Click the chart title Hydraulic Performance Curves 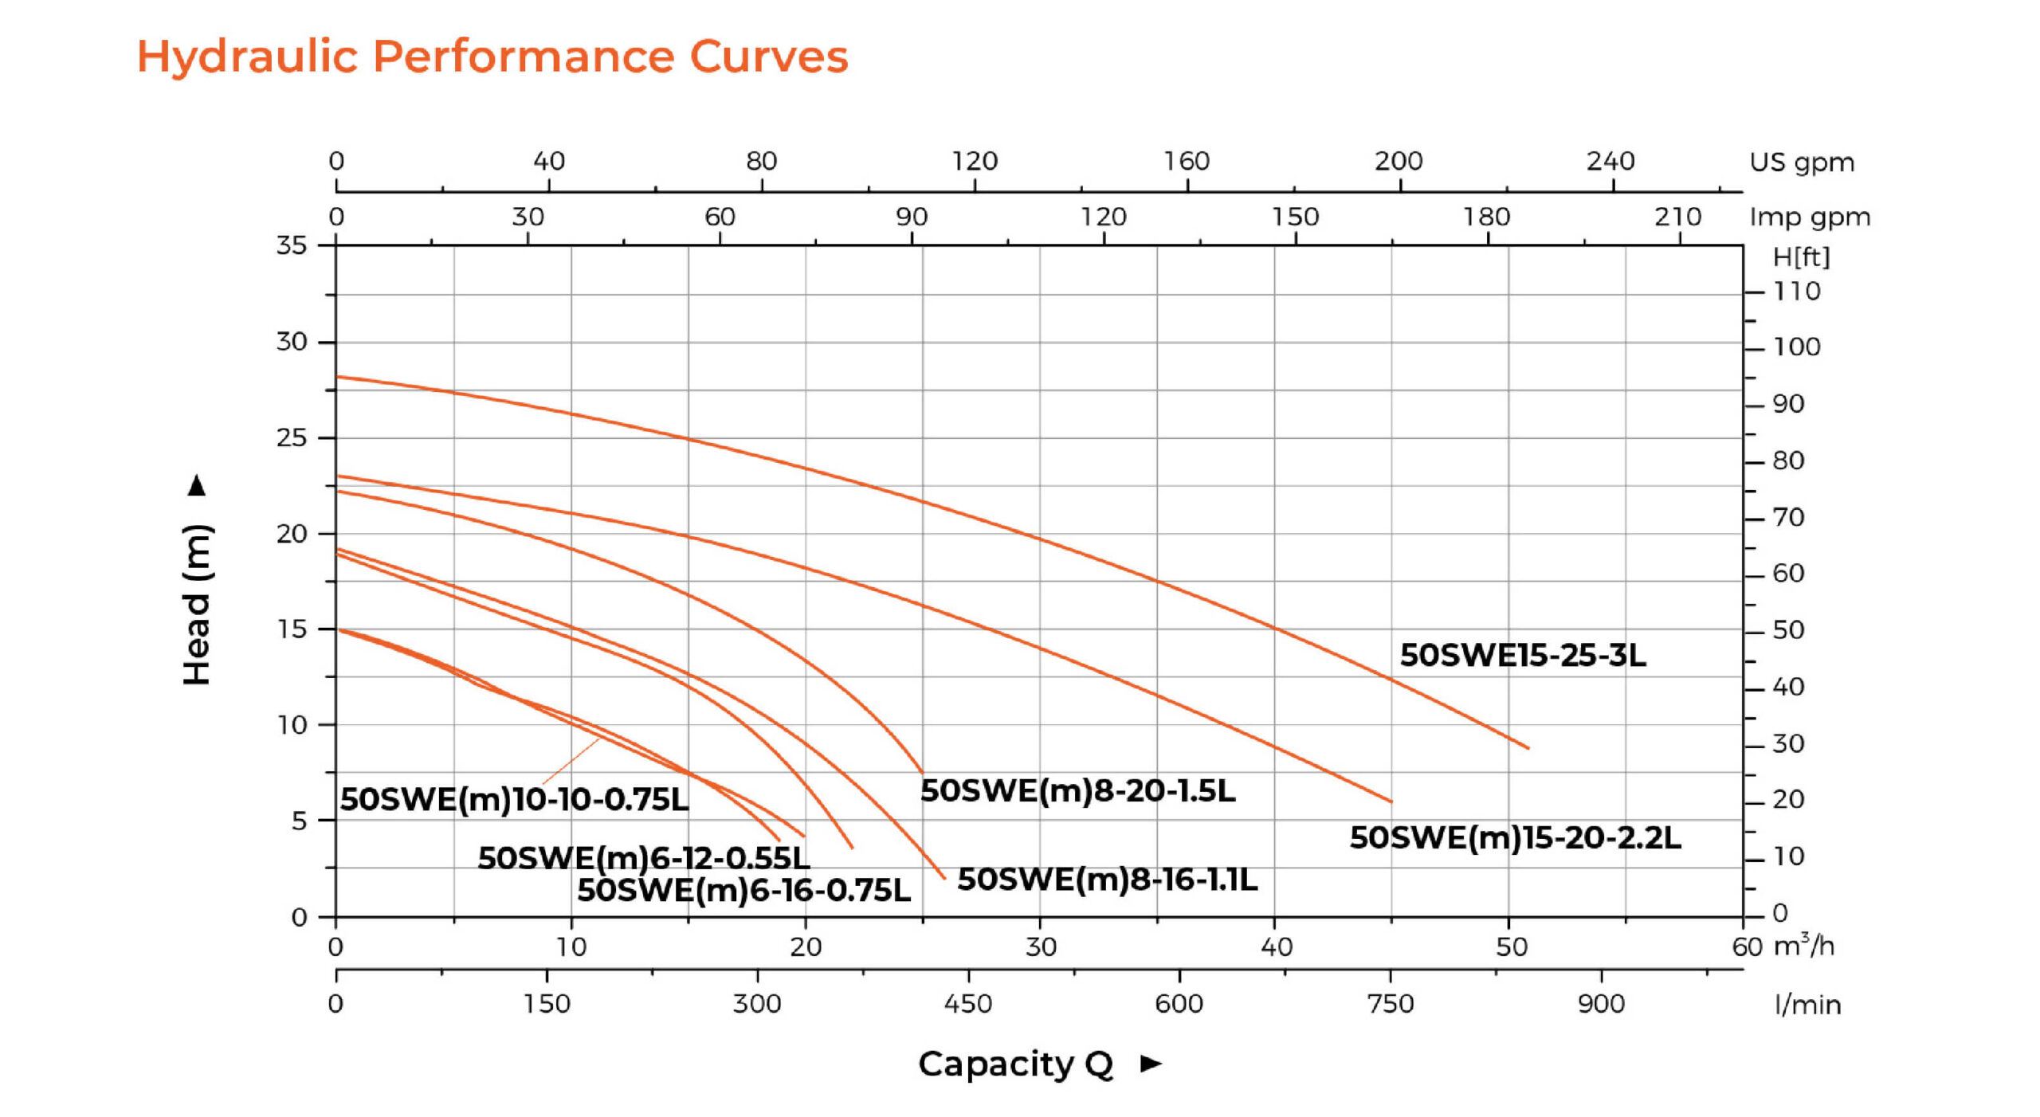[x=492, y=57]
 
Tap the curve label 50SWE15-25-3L [x=1522, y=655]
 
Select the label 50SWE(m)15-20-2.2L [x=1514, y=837]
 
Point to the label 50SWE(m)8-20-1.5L [x=1077, y=790]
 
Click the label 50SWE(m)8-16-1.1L [x=1107, y=880]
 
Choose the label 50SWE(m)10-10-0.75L [x=514, y=799]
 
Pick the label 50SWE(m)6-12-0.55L [x=643, y=858]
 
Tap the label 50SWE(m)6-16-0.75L [x=743, y=890]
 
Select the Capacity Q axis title [x=1015, y=1064]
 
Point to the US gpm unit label [x=1801, y=162]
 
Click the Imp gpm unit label [x=1809, y=217]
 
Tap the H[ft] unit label [x=1801, y=257]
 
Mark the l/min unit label [x=1807, y=1004]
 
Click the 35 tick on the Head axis [x=292, y=245]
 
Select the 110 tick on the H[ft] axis [x=1796, y=291]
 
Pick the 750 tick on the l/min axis [x=1390, y=1003]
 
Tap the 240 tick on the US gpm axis [x=1610, y=161]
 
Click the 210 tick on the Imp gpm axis [x=1677, y=217]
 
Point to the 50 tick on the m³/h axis [x=1511, y=947]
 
